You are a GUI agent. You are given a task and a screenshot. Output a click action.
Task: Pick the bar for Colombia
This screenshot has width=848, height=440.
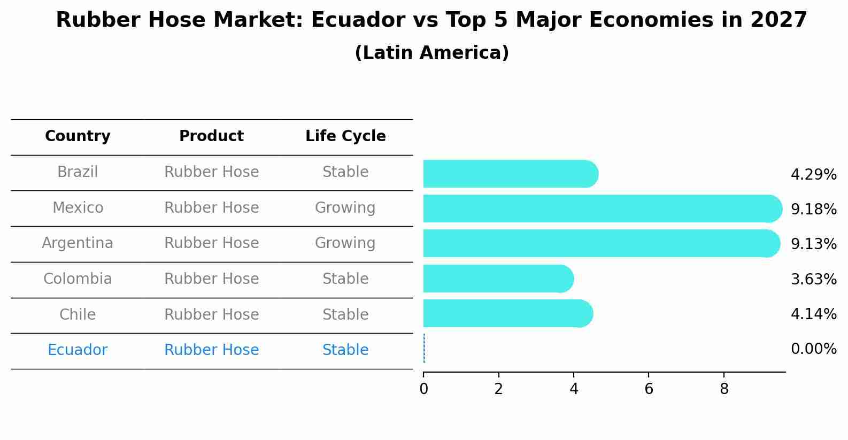click(497, 279)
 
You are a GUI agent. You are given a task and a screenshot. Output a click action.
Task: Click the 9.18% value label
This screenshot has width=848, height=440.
click(813, 209)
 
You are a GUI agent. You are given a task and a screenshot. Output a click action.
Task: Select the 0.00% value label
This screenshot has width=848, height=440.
click(813, 349)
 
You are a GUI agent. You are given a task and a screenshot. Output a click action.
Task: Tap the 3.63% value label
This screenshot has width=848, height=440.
click(813, 279)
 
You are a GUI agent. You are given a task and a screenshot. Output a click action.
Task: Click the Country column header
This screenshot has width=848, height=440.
click(78, 136)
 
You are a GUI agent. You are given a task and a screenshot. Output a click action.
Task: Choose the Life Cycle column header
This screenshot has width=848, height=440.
click(345, 136)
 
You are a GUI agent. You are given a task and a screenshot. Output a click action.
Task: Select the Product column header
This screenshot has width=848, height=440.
click(211, 136)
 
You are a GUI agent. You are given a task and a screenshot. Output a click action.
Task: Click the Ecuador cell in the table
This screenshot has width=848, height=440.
click(78, 350)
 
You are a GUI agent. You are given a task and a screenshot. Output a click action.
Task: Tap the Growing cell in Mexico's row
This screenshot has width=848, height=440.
click(345, 207)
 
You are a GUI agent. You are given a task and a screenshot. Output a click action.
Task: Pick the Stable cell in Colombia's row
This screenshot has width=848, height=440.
click(345, 279)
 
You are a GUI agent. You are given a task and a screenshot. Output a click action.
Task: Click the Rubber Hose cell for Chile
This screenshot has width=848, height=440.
click(211, 314)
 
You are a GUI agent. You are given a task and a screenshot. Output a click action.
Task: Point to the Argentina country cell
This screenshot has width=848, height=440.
click(78, 243)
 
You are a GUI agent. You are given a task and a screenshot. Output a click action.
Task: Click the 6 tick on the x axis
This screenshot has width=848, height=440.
click(649, 389)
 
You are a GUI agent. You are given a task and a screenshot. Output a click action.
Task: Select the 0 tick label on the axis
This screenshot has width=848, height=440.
click(423, 389)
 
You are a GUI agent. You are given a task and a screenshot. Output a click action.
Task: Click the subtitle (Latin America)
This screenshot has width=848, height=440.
click(431, 53)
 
